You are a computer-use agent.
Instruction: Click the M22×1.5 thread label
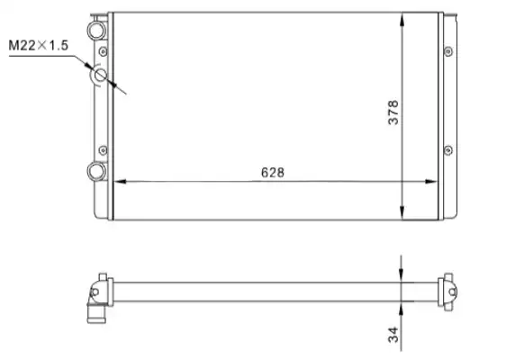(39, 45)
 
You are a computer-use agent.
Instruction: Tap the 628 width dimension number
(273, 172)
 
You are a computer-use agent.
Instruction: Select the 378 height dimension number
(393, 112)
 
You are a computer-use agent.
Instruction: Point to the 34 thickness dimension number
(393, 335)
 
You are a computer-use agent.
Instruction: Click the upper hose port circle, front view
(96, 31)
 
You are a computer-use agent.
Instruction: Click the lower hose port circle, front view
(96, 171)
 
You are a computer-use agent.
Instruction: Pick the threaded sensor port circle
(100, 76)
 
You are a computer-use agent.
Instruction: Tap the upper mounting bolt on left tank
(104, 51)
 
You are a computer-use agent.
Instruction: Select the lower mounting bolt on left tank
(103, 150)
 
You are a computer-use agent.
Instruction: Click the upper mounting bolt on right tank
(448, 51)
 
